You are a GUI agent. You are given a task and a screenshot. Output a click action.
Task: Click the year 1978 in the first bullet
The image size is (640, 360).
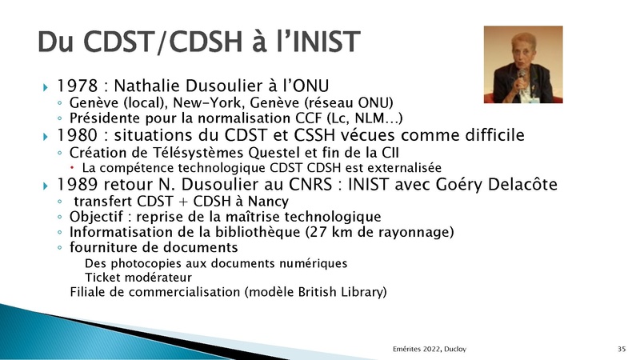click(77, 86)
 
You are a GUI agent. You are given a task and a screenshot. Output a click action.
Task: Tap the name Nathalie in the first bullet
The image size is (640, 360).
click(147, 86)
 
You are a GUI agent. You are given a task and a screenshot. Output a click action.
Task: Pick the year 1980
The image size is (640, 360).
click(77, 135)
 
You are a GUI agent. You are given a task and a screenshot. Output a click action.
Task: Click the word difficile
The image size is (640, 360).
click(492, 134)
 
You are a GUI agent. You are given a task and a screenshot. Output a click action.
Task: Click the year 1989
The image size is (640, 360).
click(77, 185)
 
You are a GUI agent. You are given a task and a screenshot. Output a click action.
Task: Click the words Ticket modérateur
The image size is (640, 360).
click(138, 278)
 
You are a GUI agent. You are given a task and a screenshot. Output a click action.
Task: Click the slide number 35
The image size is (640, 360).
click(622, 349)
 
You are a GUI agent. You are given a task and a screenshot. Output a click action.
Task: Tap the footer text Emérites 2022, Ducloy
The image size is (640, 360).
click(430, 349)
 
